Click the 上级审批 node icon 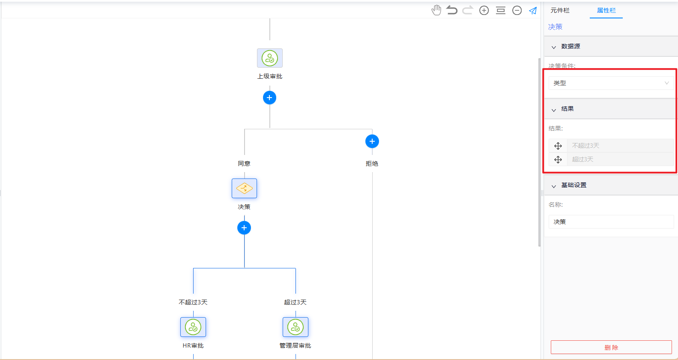coord(270,58)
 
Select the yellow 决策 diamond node coord(244,188)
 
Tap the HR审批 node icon coord(193,327)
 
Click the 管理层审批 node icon coord(296,327)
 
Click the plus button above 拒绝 coord(372,141)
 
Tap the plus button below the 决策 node coord(244,228)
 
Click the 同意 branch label coord(244,164)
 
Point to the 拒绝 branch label coord(372,164)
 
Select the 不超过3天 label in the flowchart coord(193,302)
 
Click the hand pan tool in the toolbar coord(436,10)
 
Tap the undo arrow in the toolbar coord(451,10)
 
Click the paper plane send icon coord(533,11)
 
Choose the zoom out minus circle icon coord(517,11)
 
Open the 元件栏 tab coord(560,11)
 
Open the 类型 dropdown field coord(611,83)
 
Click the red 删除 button coord(611,347)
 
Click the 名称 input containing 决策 coord(611,222)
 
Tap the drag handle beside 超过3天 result coord(558,159)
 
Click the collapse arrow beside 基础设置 coord(554,186)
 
